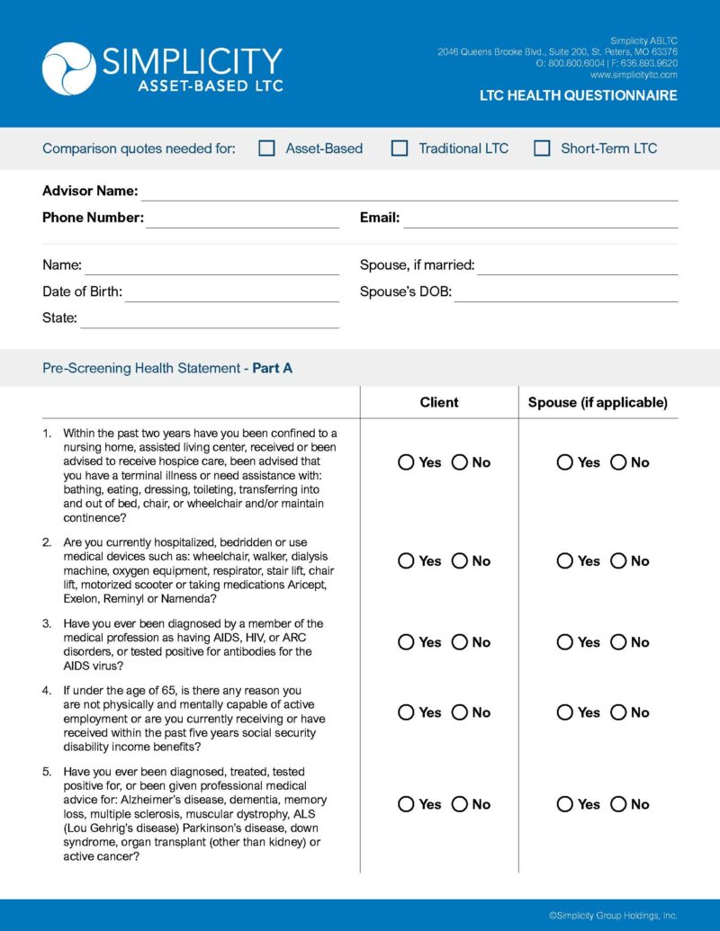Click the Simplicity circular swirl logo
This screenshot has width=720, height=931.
68,68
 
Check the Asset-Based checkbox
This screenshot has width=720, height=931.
266,148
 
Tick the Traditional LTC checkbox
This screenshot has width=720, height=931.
400,148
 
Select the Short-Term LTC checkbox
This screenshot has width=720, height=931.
542,148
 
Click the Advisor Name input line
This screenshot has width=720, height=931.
409,193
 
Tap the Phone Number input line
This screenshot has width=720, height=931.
243,220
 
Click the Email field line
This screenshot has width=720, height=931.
540,220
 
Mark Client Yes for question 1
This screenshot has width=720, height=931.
406,462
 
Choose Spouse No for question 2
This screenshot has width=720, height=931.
618,561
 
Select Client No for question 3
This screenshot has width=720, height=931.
460,642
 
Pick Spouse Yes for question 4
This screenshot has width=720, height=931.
564,712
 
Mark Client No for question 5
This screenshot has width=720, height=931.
460,804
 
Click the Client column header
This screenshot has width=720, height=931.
439,402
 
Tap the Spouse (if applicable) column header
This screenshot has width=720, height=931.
598,402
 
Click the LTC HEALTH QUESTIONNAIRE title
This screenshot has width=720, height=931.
578,95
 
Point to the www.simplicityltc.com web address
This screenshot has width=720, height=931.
634,76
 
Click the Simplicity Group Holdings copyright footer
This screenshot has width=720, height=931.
612,915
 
